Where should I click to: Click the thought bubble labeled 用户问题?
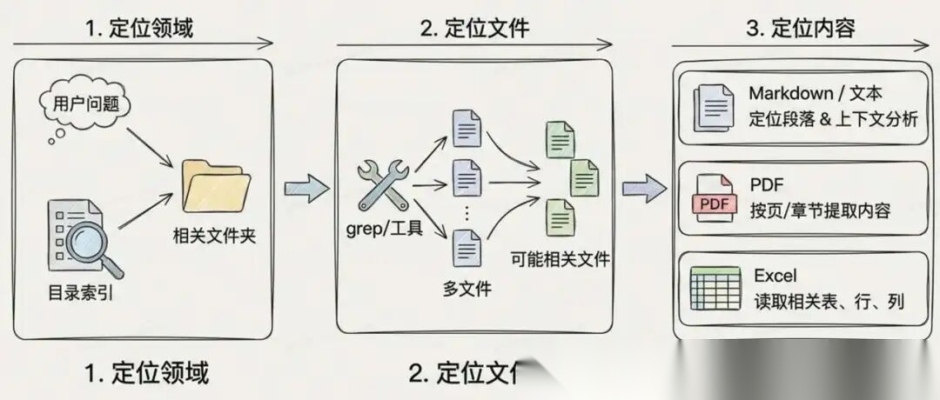pyautogui.click(x=85, y=105)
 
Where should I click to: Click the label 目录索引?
pyautogui.click(x=81, y=293)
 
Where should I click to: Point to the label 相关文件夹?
pyautogui.click(x=214, y=237)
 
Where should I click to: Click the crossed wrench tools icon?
pyautogui.click(x=382, y=185)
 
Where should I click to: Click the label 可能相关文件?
pyautogui.click(x=561, y=258)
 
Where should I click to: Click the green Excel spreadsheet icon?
pyautogui.click(x=715, y=289)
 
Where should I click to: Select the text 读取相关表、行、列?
pyautogui.click(x=828, y=301)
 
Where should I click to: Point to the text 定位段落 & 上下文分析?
pyautogui.click(x=833, y=119)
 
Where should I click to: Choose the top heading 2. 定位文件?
pyautogui.click(x=474, y=29)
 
